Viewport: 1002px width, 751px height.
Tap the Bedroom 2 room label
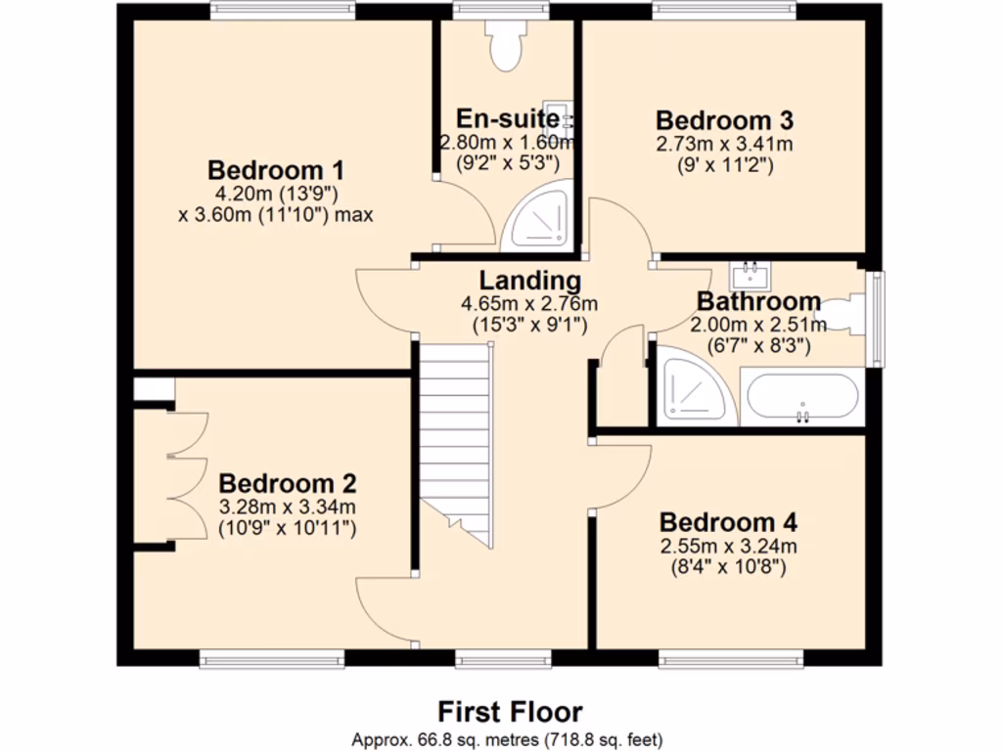pos(287,483)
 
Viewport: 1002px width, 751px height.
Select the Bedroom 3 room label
pos(724,120)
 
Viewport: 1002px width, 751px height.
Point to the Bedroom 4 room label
pos(728,521)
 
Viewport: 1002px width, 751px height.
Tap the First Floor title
pos(509,711)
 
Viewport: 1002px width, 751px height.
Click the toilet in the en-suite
pos(506,45)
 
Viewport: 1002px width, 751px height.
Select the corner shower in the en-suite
pos(537,221)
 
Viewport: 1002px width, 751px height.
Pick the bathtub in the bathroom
pos(801,397)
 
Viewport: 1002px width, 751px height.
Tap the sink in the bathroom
pos(751,271)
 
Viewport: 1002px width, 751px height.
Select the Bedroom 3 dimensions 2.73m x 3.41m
pos(724,145)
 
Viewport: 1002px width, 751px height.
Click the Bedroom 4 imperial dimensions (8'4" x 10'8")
pos(728,565)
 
